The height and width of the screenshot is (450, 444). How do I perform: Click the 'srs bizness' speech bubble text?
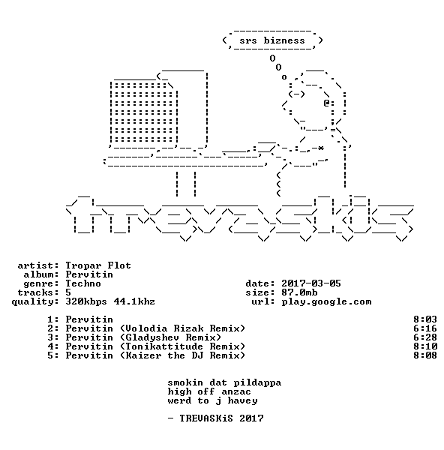click(x=272, y=40)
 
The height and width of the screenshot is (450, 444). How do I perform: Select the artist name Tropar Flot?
click(x=98, y=265)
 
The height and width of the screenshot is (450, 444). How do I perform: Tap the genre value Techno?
click(x=83, y=283)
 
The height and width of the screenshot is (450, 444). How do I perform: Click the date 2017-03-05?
click(x=311, y=283)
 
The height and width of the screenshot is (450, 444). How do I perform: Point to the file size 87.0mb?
click(x=299, y=292)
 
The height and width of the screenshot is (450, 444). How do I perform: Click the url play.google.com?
click(x=326, y=301)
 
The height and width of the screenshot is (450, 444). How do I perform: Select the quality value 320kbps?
click(x=86, y=301)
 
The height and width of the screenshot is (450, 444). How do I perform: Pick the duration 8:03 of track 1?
click(x=425, y=319)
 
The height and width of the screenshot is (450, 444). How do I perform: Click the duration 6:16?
click(x=425, y=328)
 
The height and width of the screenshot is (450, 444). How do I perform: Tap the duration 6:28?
click(x=425, y=337)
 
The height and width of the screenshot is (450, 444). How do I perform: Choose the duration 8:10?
click(x=425, y=346)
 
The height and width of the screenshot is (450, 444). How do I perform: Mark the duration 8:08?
click(x=425, y=355)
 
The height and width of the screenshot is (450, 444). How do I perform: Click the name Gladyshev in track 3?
click(x=152, y=337)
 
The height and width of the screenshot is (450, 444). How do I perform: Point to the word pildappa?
click(x=257, y=382)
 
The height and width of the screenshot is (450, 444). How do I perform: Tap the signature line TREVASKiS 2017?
click(x=221, y=418)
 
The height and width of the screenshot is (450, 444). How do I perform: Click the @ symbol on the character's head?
click(x=326, y=103)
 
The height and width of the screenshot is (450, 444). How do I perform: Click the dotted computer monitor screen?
click(x=143, y=112)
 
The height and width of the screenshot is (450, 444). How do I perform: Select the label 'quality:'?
click(x=35, y=302)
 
